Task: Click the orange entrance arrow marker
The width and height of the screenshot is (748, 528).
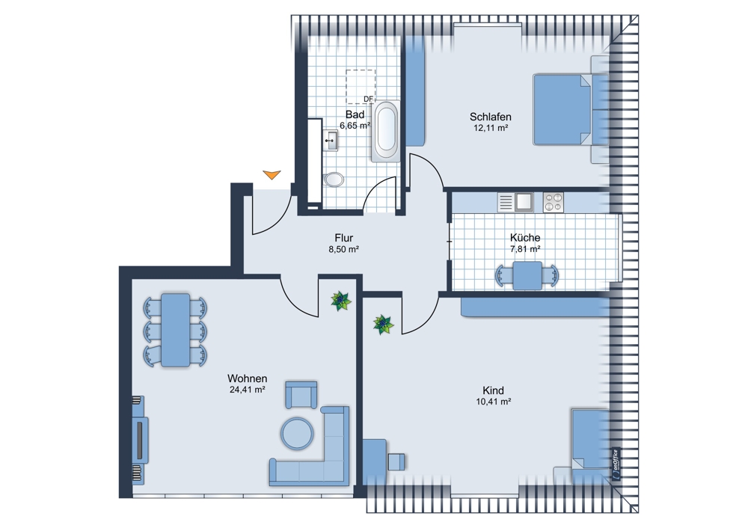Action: click(x=272, y=174)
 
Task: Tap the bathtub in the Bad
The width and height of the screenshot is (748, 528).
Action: click(x=386, y=131)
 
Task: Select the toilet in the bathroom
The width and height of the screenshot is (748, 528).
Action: click(x=334, y=179)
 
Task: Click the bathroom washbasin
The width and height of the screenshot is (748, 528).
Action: click(x=331, y=141)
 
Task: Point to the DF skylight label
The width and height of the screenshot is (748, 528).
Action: click(x=368, y=99)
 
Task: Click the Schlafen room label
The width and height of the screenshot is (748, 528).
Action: click(x=491, y=117)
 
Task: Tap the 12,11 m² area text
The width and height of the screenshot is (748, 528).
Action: click(x=491, y=128)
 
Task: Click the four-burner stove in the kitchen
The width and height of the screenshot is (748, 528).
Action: click(x=554, y=202)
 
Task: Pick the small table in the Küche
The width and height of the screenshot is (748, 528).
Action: click(x=527, y=275)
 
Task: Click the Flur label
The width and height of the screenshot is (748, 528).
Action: click(x=344, y=238)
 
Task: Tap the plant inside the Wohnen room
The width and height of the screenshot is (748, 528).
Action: click(x=341, y=301)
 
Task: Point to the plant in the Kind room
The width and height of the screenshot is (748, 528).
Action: click(x=383, y=325)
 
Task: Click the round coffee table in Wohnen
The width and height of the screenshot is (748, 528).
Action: click(x=297, y=434)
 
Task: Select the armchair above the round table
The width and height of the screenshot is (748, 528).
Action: click(x=301, y=394)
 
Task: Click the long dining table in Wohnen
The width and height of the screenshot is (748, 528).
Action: click(x=176, y=330)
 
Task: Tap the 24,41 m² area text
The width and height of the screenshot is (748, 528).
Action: click(x=248, y=390)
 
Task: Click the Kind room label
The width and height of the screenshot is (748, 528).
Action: click(x=493, y=390)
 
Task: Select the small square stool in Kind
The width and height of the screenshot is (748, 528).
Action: click(x=396, y=461)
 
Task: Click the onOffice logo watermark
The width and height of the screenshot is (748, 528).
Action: click(x=616, y=464)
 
